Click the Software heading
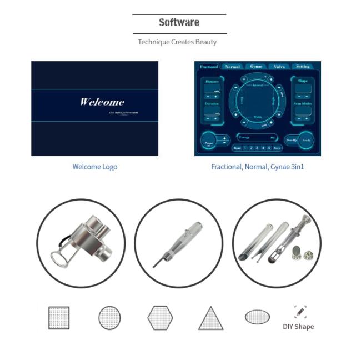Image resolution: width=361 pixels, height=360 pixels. coord(179,23)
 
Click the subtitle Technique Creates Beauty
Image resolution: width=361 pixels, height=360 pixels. coord(177,42)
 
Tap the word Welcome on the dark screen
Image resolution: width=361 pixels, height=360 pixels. coord(102,102)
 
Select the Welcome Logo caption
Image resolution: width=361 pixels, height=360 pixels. coord(94,167)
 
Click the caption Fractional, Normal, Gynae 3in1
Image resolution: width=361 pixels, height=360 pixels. coord(257,167)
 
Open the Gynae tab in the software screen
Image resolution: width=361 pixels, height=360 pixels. coord(256,67)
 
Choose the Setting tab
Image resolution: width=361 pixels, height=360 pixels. coord(302,67)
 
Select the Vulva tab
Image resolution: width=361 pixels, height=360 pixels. coord(279,67)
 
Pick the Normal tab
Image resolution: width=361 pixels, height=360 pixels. coord(232,67)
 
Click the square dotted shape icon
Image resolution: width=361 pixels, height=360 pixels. coord(58,318)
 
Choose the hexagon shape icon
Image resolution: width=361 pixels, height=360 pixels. coord(160,318)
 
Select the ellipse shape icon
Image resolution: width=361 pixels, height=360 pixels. coord(257,317)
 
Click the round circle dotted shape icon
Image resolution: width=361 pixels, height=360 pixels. coord(109,318)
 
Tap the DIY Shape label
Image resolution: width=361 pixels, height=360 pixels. coord(299,327)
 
